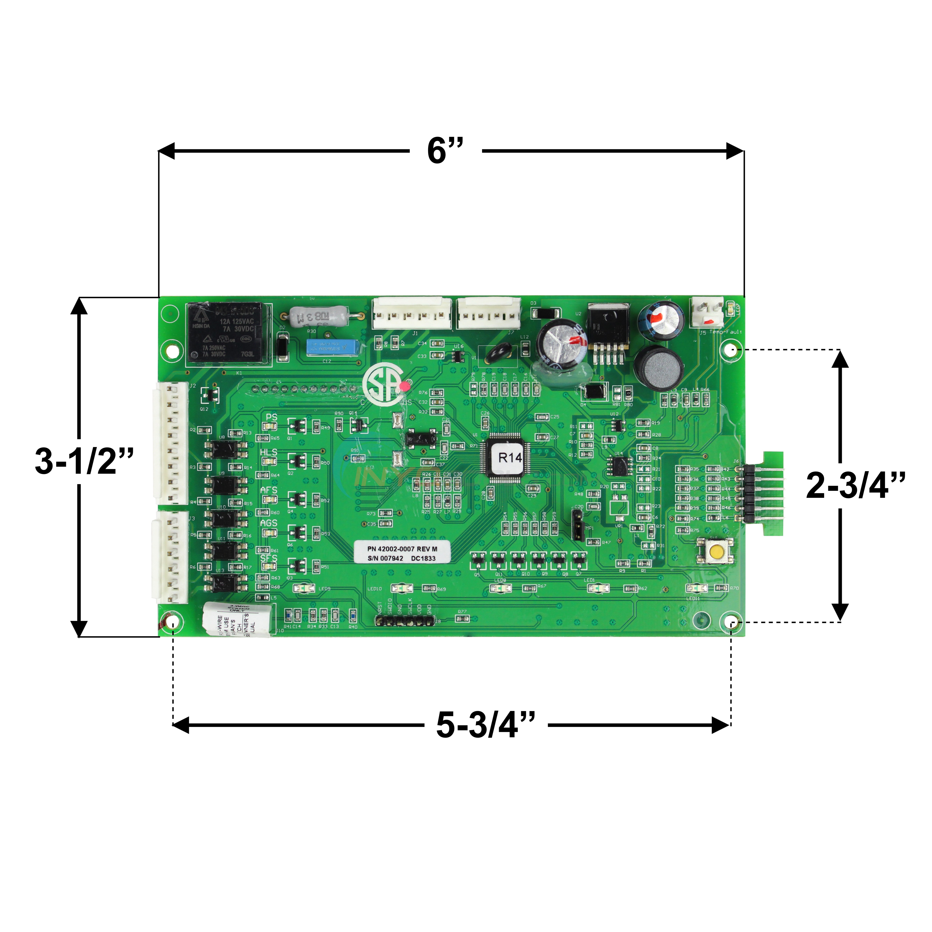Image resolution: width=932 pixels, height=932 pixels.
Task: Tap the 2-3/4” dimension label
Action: click(x=855, y=485)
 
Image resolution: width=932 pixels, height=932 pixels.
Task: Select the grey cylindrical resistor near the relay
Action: click(x=318, y=316)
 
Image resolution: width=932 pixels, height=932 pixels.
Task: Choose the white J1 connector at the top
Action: click(x=412, y=314)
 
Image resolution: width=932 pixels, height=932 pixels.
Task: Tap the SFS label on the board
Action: click(x=269, y=559)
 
